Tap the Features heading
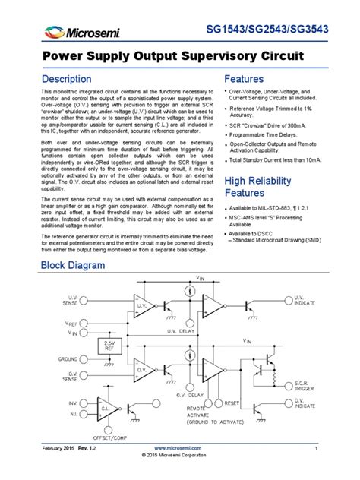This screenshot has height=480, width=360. click(244, 79)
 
